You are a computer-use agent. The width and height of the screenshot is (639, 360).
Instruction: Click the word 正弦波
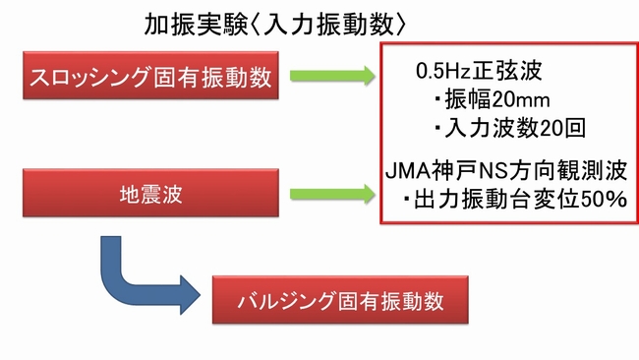(515, 73)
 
